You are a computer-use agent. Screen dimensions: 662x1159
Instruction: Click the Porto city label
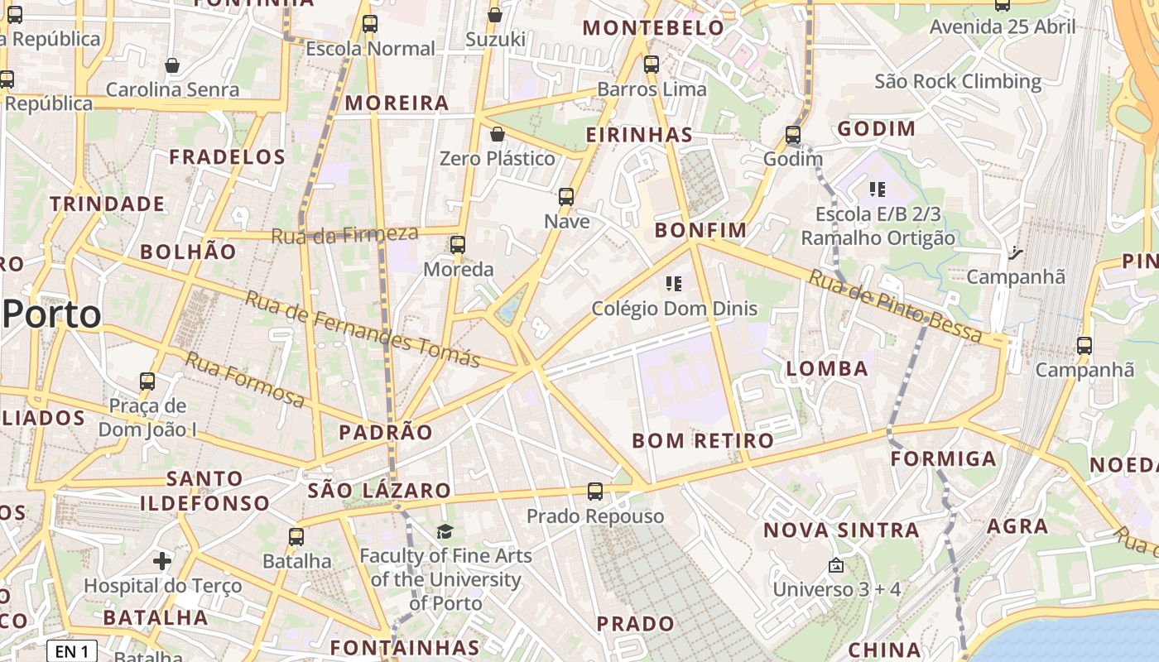coord(52,315)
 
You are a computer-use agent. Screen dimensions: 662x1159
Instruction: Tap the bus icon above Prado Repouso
coord(595,492)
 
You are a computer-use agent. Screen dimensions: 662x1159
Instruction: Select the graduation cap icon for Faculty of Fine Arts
coord(445,531)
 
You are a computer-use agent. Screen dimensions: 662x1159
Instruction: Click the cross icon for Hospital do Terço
coord(162,562)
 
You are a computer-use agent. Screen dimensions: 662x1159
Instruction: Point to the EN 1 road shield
coord(72,651)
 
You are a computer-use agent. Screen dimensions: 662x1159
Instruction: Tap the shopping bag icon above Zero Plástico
coord(498,134)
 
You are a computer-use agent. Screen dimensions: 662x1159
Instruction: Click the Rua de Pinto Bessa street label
coord(897,307)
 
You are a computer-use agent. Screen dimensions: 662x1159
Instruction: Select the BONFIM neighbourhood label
coord(700,230)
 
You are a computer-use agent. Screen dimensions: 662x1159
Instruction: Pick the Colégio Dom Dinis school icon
coord(674,285)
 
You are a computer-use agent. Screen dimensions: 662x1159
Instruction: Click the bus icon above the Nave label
coord(566,197)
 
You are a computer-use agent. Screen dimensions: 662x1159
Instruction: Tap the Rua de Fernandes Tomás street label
coord(363,329)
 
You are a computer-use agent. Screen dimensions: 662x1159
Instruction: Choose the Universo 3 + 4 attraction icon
coord(836,566)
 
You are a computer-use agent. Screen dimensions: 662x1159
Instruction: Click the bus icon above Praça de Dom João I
coord(147,381)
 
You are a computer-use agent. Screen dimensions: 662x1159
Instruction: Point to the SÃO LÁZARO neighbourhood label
coord(379,491)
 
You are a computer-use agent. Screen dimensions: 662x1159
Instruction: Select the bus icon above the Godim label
coord(793,134)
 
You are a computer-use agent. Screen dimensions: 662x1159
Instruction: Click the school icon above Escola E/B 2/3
coord(878,190)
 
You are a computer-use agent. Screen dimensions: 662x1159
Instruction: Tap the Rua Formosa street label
coord(244,380)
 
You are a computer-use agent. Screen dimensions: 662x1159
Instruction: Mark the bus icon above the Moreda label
coord(458,245)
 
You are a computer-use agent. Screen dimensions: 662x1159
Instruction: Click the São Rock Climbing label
coord(958,81)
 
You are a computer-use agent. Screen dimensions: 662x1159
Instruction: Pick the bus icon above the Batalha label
coord(296,536)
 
